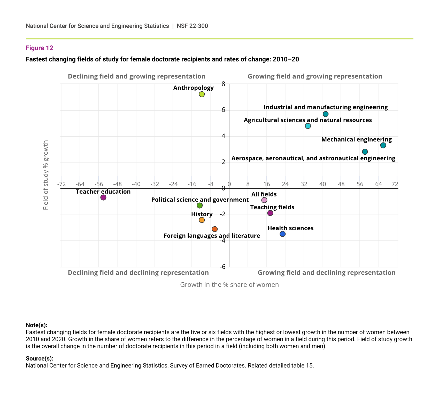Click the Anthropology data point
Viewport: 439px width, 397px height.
(202, 94)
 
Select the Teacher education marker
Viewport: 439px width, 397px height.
(103, 197)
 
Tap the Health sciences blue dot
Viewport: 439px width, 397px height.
(283, 234)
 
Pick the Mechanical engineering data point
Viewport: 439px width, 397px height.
(383, 145)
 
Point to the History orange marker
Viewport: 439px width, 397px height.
(202, 220)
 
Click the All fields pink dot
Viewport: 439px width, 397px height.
(264, 200)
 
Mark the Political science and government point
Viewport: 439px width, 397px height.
(199, 205)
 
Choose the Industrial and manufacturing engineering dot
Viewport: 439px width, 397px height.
(326, 114)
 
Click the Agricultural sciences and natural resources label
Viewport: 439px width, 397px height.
(308, 120)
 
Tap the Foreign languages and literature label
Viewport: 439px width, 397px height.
(212, 236)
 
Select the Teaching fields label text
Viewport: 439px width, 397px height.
(272, 207)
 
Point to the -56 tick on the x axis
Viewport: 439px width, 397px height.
(99, 184)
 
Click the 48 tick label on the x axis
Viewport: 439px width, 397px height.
(341, 184)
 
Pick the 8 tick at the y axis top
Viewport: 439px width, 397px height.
(223, 84)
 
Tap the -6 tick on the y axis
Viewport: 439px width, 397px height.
(222, 267)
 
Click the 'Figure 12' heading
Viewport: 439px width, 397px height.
(40, 48)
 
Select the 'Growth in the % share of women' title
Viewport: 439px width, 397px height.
(229, 284)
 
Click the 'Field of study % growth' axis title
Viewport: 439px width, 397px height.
(46, 175)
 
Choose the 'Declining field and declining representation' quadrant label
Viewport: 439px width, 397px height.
(138, 273)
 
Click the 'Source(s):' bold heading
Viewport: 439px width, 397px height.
(40, 358)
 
